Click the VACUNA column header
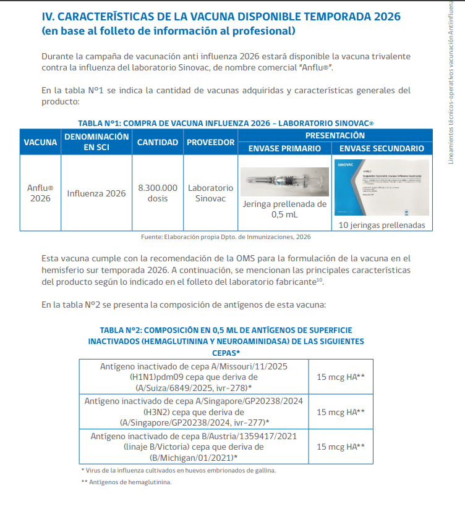click(40, 142)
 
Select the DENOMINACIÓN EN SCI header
click(96, 142)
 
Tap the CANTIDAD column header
click(157, 142)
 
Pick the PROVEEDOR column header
click(210, 142)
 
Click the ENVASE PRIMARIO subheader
click(284, 148)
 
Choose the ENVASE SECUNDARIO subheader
click(382, 148)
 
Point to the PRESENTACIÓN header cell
click(334, 135)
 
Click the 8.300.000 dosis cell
click(157, 193)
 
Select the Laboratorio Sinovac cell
click(210, 193)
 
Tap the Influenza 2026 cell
click(96, 193)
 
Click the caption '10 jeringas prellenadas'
click(382, 225)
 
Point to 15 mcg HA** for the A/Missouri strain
click(340, 376)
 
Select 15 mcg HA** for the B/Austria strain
click(340, 446)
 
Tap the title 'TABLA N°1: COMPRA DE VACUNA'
click(226, 123)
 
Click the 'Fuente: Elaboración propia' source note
click(226, 237)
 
